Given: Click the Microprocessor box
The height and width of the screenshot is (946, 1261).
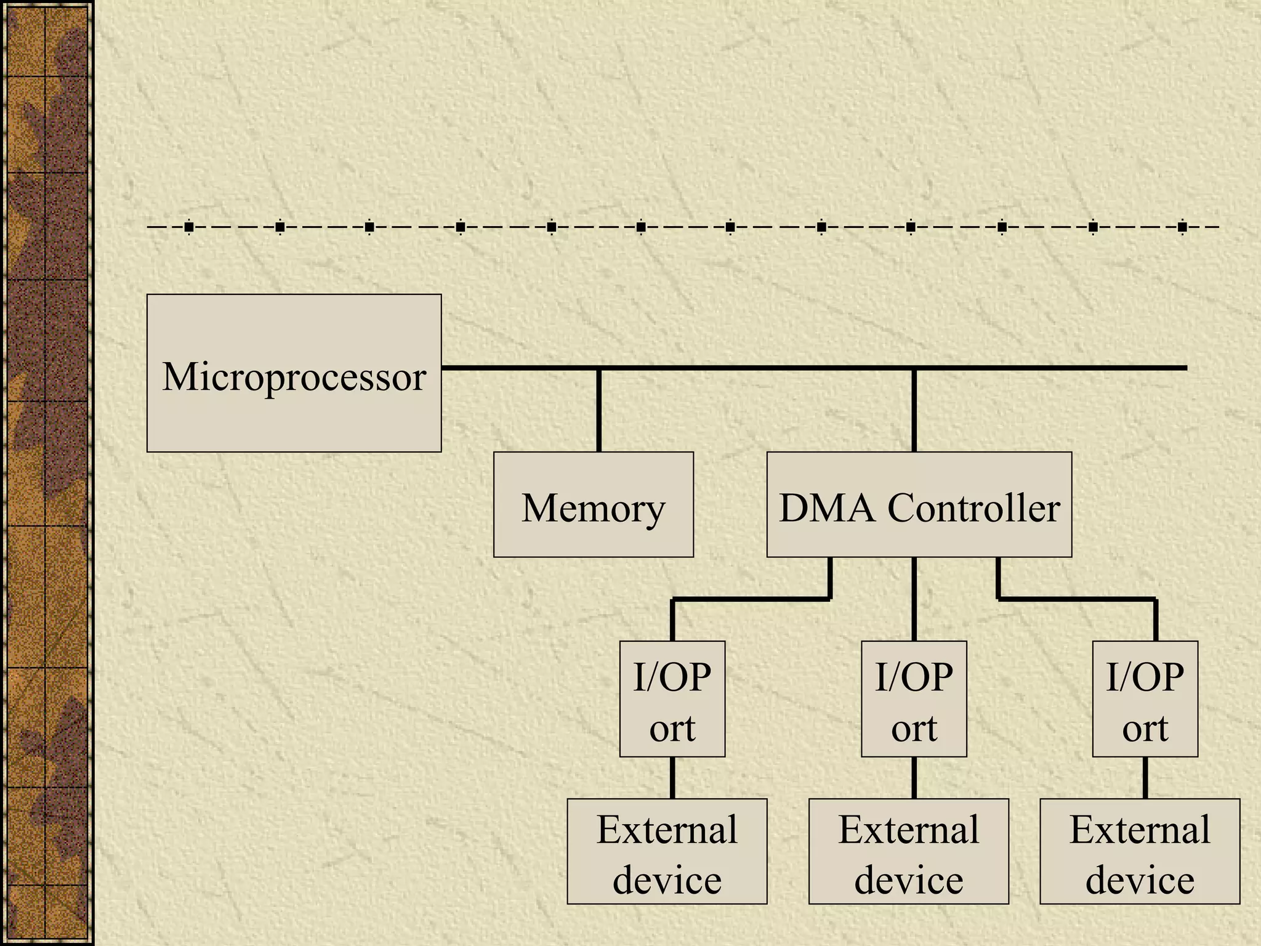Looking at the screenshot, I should [x=294, y=373].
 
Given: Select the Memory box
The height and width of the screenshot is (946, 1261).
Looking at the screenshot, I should [x=594, y=505].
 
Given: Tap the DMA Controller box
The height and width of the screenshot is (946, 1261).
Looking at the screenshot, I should [x=919, y=505].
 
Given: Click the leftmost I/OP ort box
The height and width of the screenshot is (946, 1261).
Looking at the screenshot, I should [x=672, y=699].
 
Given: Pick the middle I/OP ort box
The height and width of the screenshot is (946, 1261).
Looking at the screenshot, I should [x=914, y=699].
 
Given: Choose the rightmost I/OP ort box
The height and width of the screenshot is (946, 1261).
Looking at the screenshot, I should [x=1145, y=699].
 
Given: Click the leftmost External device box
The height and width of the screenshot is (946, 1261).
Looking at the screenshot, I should [x=667, y=852].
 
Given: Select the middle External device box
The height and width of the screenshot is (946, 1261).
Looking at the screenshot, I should [x=908, y=852].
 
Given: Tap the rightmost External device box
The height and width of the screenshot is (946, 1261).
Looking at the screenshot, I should [x=1140, y=852].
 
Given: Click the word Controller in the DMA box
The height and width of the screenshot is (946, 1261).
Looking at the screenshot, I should [x=973, y=508].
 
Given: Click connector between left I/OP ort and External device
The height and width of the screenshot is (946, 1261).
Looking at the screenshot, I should [x=672, y=778].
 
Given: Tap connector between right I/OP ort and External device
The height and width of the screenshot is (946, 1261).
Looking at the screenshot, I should [x=1145, y=778].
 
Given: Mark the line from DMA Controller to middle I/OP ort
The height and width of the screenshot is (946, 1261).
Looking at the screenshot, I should [x=914, y=599].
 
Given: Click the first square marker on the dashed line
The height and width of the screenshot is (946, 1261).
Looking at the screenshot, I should [x=189, y=227].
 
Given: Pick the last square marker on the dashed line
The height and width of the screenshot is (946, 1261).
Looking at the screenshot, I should [x=1182, y=227].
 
